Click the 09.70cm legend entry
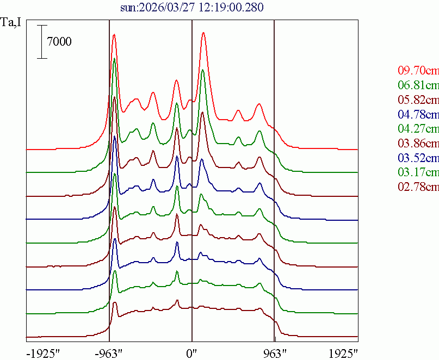tap(418, 70)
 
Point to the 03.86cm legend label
tap(418, 144)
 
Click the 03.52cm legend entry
tap(418, 158)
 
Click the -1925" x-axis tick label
tap(43, 352)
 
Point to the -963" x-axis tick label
tap(109, 352)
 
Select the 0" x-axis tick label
tap(192, 352)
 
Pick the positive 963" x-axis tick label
tap(275, 352)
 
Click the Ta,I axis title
tap(12, 23)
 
